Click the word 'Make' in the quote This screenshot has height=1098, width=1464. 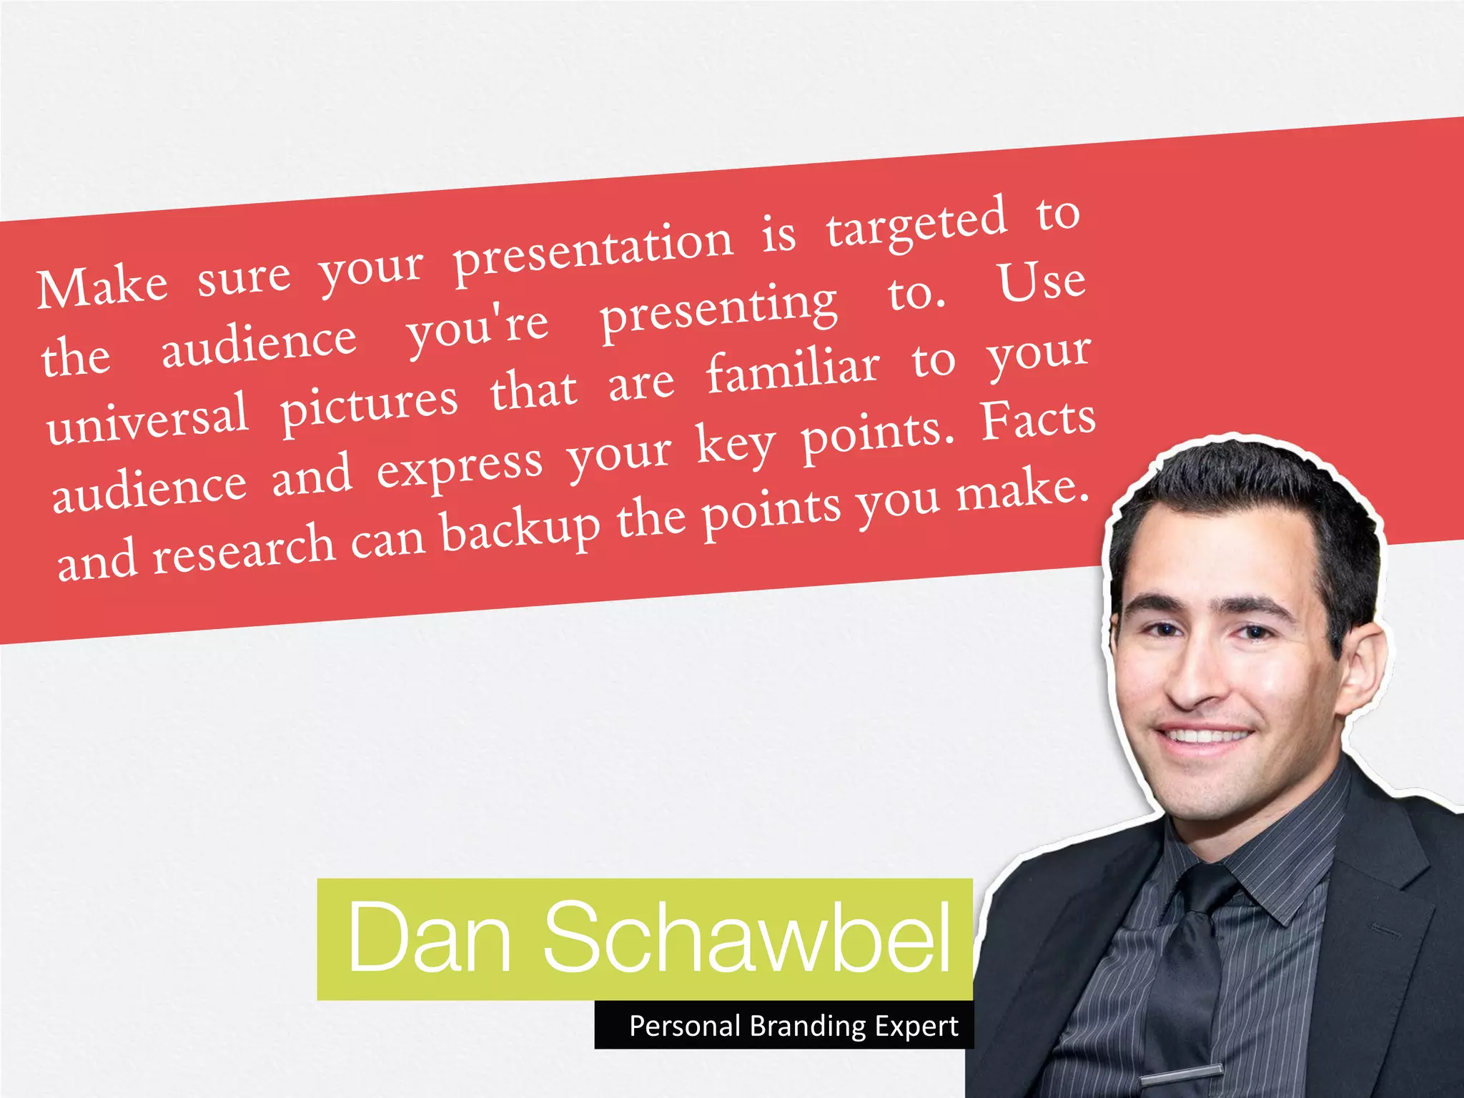click(x=102, y=286)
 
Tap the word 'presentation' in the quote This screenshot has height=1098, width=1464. click(x=594, y=252)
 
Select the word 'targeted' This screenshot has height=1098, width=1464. click(x=916, y=224)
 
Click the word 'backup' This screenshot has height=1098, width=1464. click(x=520, y=530)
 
